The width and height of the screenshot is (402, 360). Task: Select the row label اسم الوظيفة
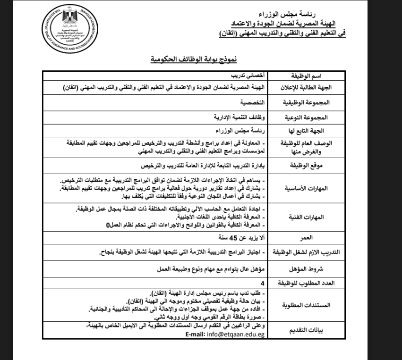[x=306, y=75]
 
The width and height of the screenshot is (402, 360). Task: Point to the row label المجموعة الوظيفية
[x=306, y=102]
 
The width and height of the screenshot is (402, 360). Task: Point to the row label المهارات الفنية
[x=306, y=217]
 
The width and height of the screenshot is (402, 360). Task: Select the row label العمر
[x=306, y=239]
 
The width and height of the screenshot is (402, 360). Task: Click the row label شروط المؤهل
[x=306, y=268]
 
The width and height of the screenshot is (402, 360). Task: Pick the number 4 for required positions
[x=263, y=283]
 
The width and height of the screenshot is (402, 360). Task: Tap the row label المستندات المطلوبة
[x=306, y=304]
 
